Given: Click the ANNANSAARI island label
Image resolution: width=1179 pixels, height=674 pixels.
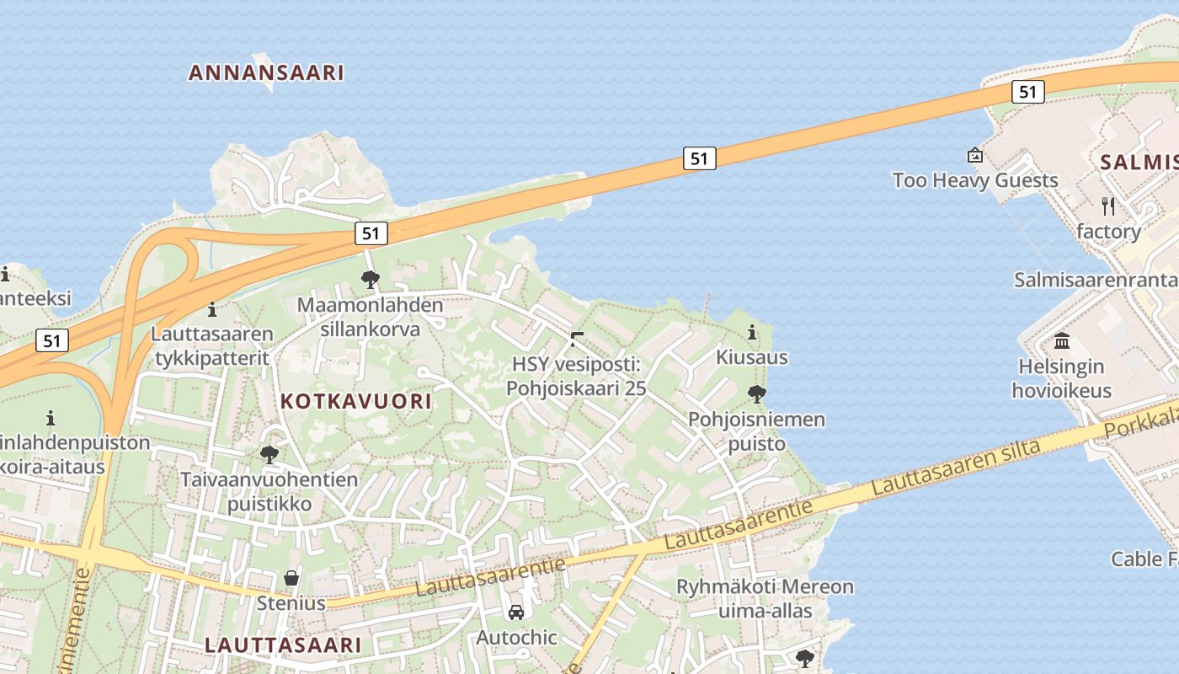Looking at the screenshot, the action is [x=266, y=72].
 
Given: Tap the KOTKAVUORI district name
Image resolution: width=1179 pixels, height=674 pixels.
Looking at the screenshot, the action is [x=355, y=401].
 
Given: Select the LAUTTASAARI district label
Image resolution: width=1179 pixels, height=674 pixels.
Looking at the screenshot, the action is [x=283, y=645].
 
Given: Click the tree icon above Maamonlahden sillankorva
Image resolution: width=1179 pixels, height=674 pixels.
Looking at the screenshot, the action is [x=370, y=280].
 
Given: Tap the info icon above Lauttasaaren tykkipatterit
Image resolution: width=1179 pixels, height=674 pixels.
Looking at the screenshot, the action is [x=212, y=309].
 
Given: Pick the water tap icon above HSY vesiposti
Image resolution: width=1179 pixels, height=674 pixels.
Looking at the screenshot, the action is [x=577, y=340].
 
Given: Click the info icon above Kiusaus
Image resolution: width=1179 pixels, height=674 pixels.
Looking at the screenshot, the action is [x=752, y=333].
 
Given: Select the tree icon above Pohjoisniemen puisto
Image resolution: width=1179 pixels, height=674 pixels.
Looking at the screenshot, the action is [x=757, y=393].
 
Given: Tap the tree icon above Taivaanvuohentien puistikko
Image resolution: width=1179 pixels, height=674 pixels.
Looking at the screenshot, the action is [x=269, y=455].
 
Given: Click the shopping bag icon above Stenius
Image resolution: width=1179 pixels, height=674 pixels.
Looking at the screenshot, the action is [x=291, y=578].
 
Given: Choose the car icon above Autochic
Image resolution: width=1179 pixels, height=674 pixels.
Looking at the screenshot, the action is [x=516, y=612].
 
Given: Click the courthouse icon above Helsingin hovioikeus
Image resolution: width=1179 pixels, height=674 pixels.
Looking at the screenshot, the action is [x=1062, y=341].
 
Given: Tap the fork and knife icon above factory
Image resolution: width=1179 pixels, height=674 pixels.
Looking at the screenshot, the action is [x=1108, y=206].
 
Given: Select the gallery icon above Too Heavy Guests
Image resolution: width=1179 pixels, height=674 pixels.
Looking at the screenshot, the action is [x=975, y=155].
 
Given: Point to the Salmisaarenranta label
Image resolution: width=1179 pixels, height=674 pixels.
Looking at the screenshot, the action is [x=1095, y=280].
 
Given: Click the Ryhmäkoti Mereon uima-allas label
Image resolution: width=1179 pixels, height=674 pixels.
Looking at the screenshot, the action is [x=765, y=598].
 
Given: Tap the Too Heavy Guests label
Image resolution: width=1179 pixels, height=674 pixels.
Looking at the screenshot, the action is [x=975, y=180].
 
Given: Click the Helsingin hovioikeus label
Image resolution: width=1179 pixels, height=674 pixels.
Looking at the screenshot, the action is [x=1061, y=378].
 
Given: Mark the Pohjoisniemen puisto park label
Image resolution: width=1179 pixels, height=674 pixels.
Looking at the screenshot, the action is [x=756, y=431].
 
